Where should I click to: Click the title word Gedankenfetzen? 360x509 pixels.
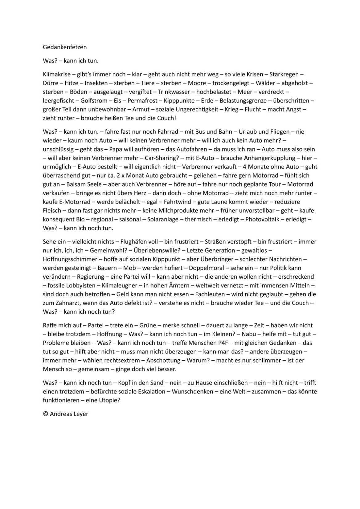pos(65,47)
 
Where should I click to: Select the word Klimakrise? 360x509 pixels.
pos(57,74)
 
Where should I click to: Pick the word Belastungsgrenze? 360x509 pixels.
pos(241,101)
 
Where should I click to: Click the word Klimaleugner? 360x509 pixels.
pos(119,285)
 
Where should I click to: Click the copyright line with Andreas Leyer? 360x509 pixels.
pos(66,414)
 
